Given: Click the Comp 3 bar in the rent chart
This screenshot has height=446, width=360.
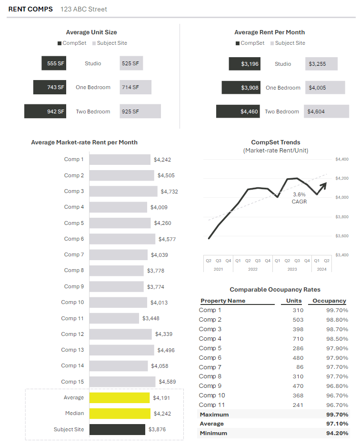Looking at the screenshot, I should tap(123, 191).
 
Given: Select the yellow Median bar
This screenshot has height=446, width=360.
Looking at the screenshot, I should tap(120, 413).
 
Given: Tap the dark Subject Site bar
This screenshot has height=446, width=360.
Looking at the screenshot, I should tap(117, 429).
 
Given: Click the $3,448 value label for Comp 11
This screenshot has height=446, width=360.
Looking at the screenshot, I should tap(151, 318).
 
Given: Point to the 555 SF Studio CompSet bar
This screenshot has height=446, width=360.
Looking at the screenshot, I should tap(54, 63).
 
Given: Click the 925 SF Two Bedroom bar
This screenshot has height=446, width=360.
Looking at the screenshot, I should tap(140, 111).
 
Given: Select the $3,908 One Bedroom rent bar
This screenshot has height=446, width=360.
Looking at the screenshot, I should tap(241, 88).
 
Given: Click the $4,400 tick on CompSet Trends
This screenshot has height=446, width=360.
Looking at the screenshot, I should tap(342, 159).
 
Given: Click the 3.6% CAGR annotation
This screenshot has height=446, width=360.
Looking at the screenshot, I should tap(300, 198).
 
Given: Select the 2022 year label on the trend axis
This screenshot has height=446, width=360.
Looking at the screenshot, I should tap(253, 269).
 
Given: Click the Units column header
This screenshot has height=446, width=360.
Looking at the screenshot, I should tap(294, 301).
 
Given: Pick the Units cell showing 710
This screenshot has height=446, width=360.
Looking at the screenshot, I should tap(298, 338).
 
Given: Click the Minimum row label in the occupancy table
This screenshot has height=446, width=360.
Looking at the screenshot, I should tap(213, 433).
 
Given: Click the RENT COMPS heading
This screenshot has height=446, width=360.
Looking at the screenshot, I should tap(30, 9).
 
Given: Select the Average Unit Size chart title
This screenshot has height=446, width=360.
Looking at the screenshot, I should tap(91, 32).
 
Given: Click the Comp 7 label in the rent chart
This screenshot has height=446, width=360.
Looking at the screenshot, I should tap(74, 254).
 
